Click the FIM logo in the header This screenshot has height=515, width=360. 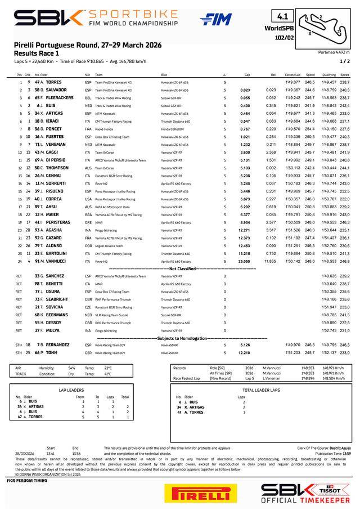(x=215, y=20)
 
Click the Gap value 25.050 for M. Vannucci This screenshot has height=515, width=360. (x=244, y=261)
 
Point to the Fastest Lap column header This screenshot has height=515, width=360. (x=292, y=74)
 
